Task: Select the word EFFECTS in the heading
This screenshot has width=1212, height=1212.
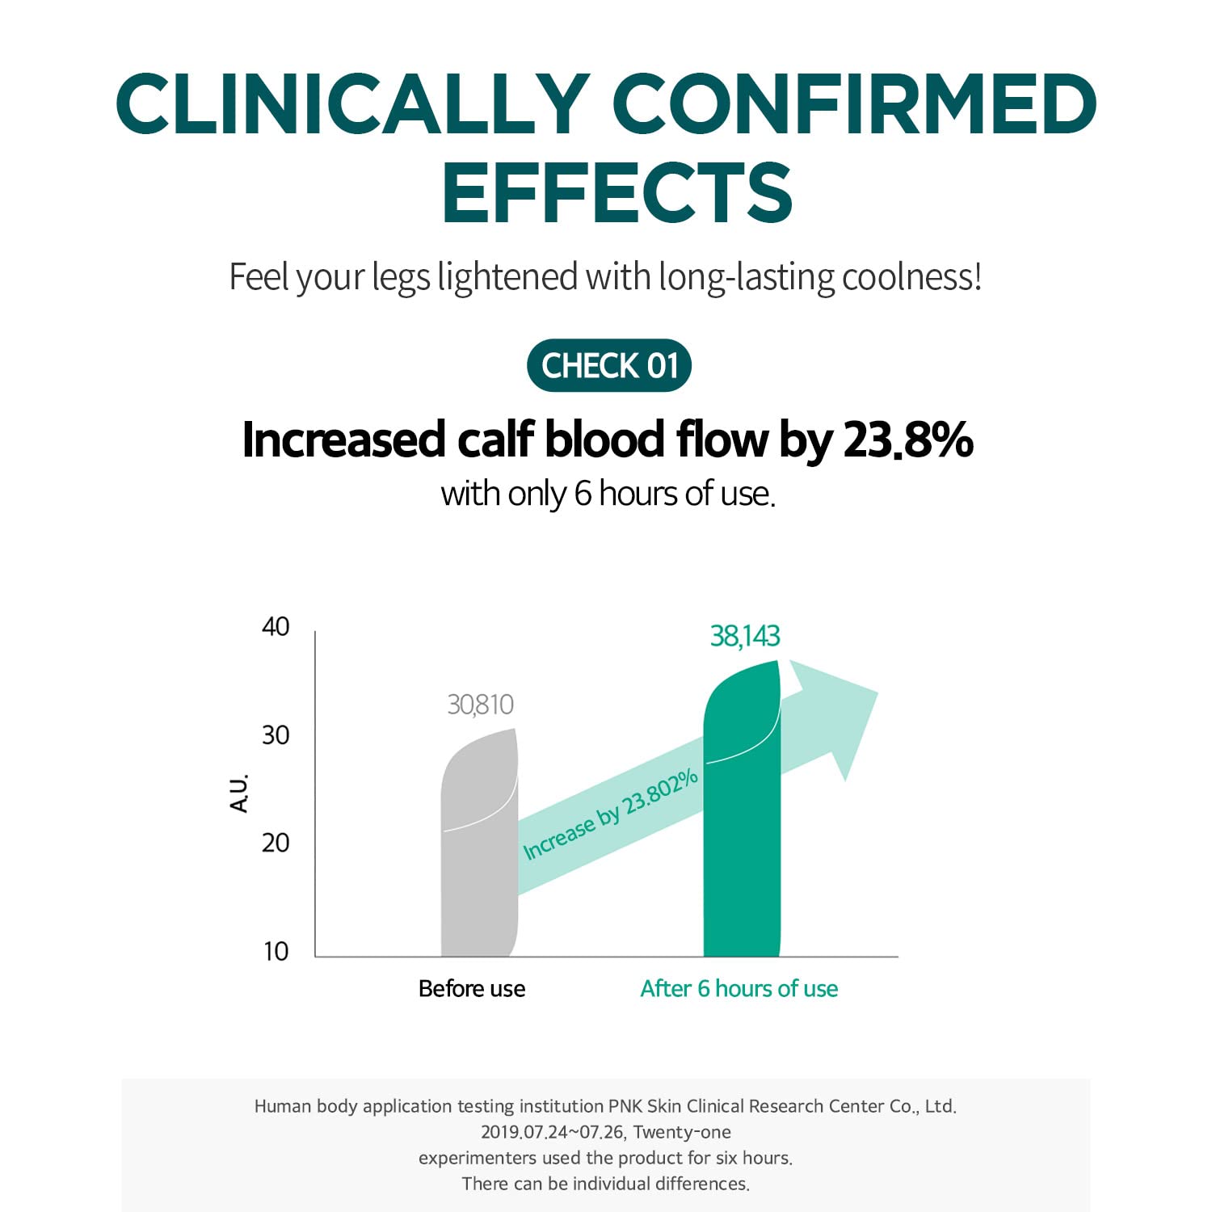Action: (x=617, y=192)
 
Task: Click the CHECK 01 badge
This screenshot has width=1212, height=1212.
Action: (x=609, y=365)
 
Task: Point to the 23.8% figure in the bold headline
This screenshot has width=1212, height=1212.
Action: (x=907, y=440)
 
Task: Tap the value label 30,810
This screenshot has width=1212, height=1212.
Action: (x=480, y=705)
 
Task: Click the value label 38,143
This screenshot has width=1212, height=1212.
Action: (x=744, y=637)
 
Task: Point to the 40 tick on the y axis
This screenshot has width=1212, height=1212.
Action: (x=276, y=627)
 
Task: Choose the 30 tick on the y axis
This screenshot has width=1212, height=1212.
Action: (x=276, y=735)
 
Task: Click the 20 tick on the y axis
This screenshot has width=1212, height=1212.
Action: (x=276, y=843)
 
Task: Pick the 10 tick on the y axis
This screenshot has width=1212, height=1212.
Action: (x=276, y=951)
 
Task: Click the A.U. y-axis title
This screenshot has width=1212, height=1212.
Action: (x=240, y=793)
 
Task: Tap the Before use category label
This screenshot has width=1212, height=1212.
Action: (x=472, y=989)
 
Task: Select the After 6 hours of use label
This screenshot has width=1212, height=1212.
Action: (x=739, y=989)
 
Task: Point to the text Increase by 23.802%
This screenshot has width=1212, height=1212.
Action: (x=610, y=814)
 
